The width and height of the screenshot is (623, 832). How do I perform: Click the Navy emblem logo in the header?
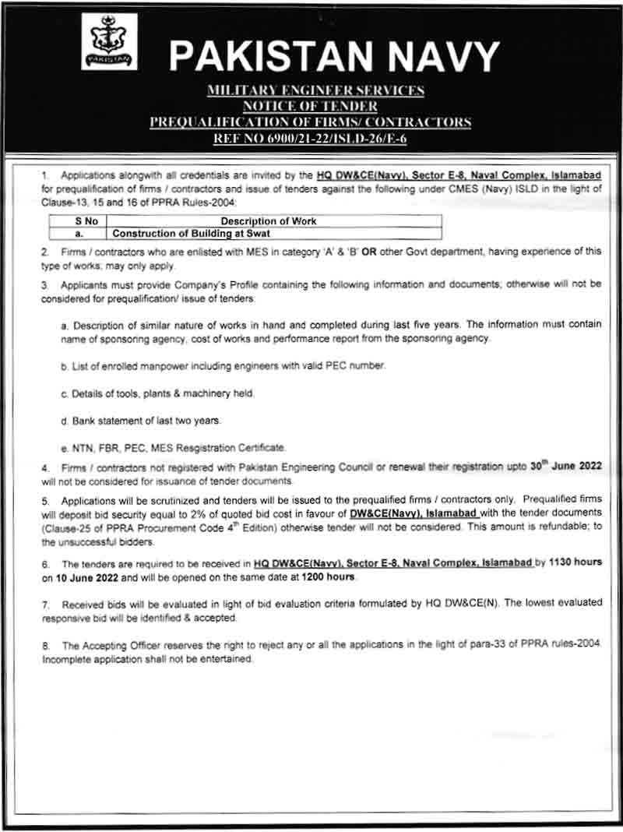[x=109, y=42]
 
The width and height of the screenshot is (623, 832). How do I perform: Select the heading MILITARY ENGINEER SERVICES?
[x=315, y=91]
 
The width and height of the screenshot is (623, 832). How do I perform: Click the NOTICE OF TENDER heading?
[x=315, y=106]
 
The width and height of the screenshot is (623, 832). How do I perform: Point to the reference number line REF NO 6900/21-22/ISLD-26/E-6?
[x=315, y=137]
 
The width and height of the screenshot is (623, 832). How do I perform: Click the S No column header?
[x=78, y=221]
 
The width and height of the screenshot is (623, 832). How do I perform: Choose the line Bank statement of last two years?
[x=146, y=421]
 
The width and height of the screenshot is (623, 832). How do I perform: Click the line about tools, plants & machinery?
[x=163, y=394]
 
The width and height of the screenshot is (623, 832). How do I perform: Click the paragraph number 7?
[x=45, y=604]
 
